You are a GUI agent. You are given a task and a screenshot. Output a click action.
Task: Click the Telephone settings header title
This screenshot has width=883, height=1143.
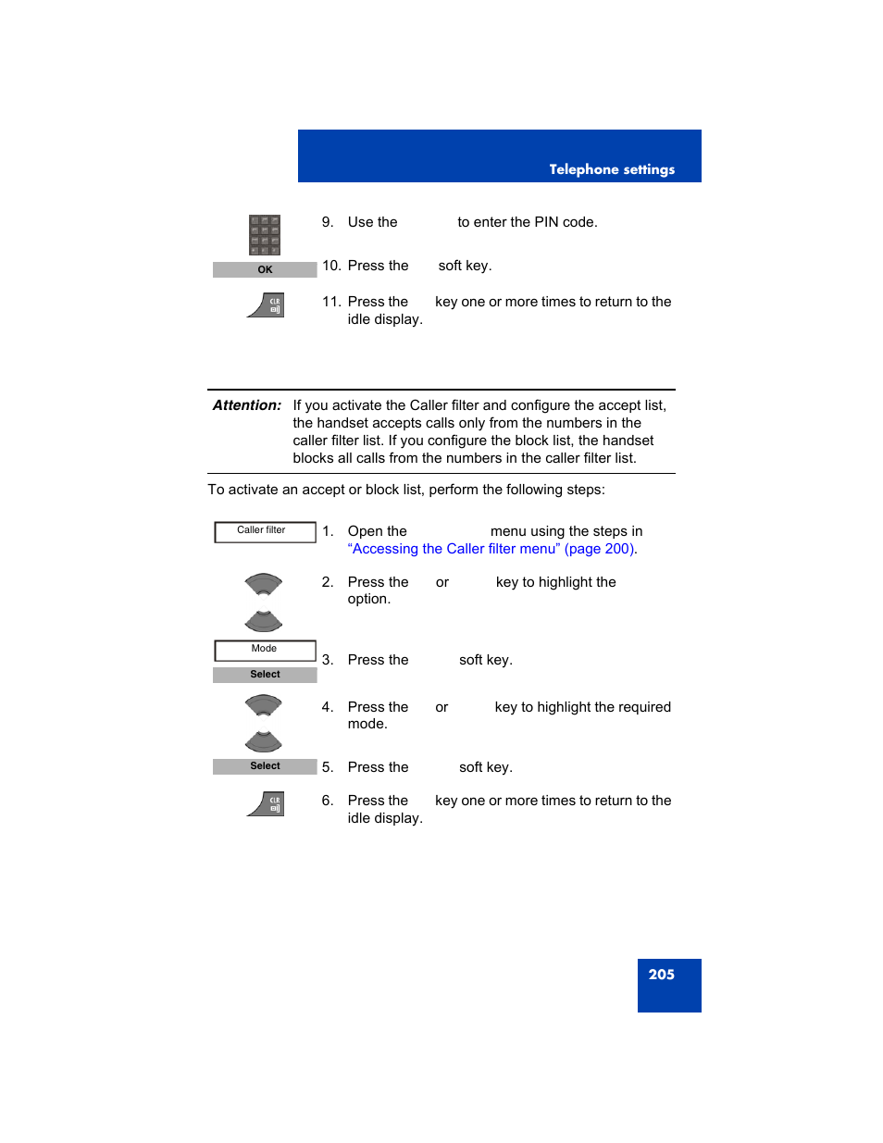(x=611, y=169)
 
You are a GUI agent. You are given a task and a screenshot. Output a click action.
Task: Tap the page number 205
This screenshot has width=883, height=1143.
(x=661, y=975)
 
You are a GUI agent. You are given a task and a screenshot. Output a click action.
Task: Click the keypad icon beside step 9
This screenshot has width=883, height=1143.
(x=264, y=235)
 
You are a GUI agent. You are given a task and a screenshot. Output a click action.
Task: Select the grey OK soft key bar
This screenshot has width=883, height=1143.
(x=265, y=269)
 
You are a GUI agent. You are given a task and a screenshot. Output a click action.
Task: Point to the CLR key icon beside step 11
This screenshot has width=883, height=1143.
(x=267, y=304)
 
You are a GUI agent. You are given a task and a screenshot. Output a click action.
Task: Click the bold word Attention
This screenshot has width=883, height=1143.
(x=247, y=405)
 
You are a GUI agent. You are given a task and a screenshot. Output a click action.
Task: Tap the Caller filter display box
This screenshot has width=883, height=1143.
(x=265, y=531)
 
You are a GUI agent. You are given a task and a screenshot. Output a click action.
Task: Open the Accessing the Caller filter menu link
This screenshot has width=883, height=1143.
(x=491, y=549)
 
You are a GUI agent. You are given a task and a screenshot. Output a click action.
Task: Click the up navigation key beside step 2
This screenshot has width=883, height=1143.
(x=264, y=584)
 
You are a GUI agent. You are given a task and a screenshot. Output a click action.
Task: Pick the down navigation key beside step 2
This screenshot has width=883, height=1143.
(x=264, y=620)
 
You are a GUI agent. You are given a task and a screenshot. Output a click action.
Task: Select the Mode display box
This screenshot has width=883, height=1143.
(x=265, y=650)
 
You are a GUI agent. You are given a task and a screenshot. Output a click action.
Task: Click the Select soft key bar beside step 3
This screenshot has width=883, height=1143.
(x=265, y=675)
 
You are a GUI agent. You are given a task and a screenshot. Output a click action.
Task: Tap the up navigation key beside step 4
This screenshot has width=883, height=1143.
(x=264, y=705)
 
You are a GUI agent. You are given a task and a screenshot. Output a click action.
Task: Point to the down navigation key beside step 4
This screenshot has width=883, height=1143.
(x=264, y=740)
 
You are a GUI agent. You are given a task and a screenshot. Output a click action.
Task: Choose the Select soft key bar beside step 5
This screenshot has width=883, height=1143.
(x=265, y=766)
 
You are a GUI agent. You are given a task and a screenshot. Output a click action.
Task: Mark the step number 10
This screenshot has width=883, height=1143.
(x=331, y=266)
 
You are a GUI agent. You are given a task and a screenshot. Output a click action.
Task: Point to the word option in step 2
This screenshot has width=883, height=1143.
(x=368, y=600)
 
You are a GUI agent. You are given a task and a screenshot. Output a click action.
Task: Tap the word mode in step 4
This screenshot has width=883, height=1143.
(x=367, y=725)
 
